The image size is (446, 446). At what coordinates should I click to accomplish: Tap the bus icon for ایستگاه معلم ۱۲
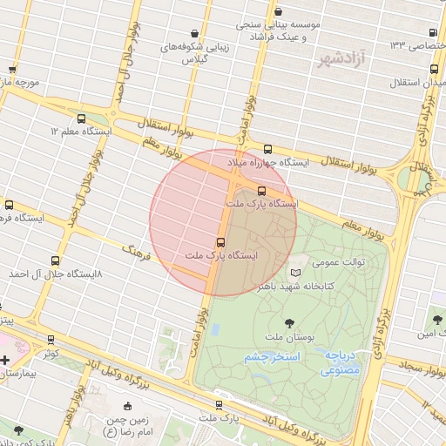pos(81,118)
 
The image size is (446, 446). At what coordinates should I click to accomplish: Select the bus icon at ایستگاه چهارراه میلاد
pos(267,149)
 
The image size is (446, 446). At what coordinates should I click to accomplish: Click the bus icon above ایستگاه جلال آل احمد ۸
pos(56,260)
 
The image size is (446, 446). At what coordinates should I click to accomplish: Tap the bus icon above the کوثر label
pos(50,340)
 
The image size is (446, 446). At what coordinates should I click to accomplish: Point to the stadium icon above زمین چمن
pos(127,406)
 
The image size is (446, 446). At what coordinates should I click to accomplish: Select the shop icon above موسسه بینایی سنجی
pos(278,12)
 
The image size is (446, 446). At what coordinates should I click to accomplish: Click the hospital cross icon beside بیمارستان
pos(5,359)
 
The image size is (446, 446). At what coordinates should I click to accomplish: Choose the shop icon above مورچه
pos(12,69)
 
